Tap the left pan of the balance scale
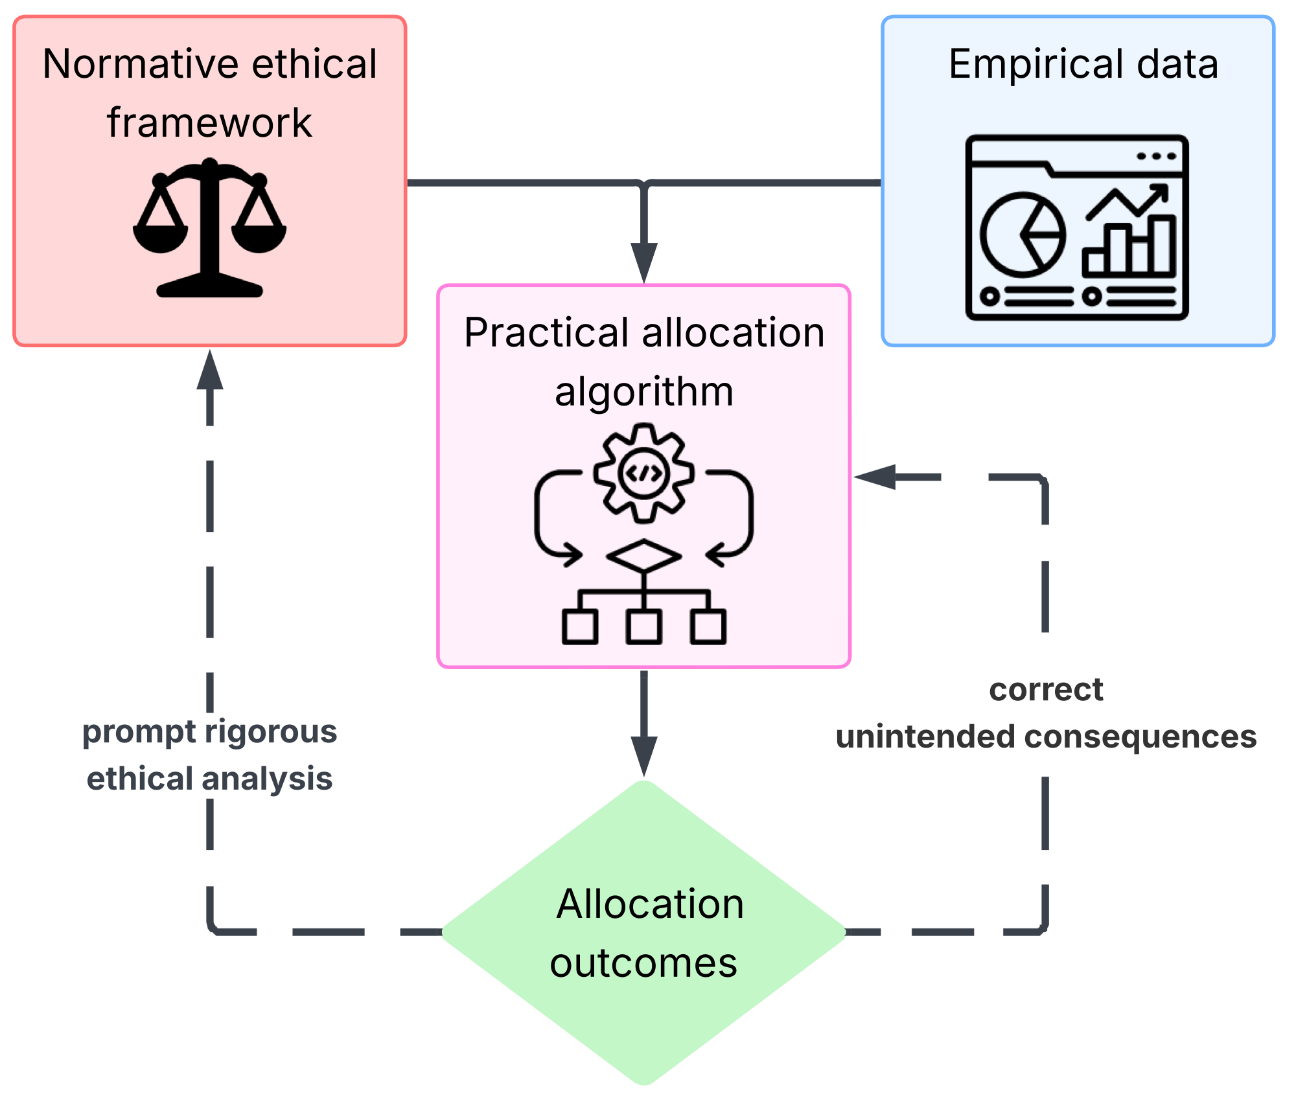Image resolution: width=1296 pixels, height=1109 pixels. coord(160,237)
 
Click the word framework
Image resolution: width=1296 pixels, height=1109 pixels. coord(209,122)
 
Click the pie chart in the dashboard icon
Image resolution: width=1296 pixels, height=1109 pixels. coord(1023,235)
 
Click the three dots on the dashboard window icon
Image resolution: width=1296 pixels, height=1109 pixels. coord(1156,156)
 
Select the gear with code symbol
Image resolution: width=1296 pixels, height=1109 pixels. coord(643,474)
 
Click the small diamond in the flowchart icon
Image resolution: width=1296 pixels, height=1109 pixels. coord(643,556)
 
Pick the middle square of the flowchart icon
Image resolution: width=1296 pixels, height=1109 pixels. coord(643,626)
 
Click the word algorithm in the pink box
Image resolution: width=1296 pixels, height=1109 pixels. coord(644,391)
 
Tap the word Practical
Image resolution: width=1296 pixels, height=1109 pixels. coord(548,333)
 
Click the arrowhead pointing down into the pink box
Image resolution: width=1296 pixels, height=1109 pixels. coord(644,261)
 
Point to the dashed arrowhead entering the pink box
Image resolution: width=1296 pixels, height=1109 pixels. coord(875,477)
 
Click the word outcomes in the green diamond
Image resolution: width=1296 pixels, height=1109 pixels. coord(643,963)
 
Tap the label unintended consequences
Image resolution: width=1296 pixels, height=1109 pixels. coord(1045,737)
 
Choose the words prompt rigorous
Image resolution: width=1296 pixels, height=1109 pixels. coord(209,732)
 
